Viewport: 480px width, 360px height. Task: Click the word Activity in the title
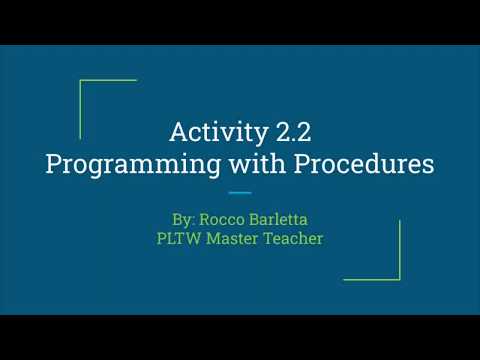click(x=211, y=132)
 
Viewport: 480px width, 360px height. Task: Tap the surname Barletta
click(x=280, y=217)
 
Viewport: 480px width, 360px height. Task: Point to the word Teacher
click(x=294, y=239)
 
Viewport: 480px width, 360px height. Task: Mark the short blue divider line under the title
click(x=240, y=192)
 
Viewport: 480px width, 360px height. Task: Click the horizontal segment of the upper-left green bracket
click(x=108, y=80)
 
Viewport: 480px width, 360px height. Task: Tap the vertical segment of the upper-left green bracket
click(x=80, y=108)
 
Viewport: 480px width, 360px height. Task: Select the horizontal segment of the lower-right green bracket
click(x=372, y=279)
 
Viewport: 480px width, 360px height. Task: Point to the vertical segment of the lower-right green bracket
click(x=400, y=250)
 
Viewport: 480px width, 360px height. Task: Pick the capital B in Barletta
click(x=252, y=217)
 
